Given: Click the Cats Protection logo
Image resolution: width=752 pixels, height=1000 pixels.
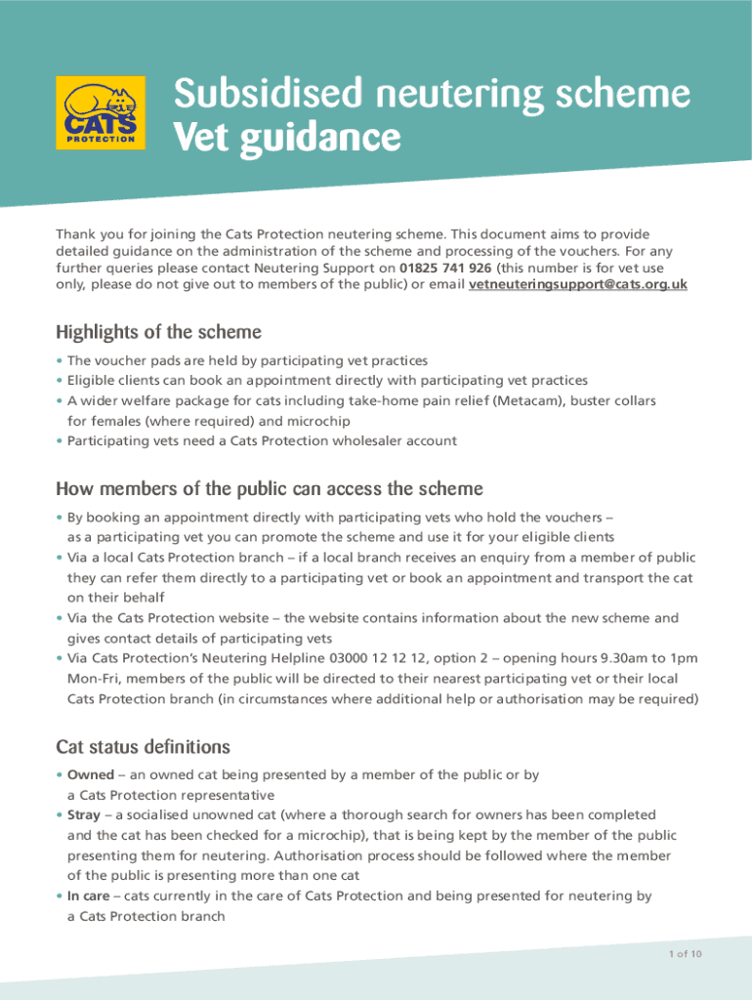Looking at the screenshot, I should point(101,113).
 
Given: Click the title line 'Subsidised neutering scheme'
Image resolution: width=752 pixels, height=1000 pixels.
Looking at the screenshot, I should point(432,95).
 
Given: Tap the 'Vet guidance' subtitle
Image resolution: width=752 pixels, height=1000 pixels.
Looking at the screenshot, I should point(286,138).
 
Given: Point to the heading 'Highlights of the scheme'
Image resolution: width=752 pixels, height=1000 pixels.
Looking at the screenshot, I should point(158,332).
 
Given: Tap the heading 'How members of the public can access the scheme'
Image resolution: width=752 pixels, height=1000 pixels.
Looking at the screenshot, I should point(270,488).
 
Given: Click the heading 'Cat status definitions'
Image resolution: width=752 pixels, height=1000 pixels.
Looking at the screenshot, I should point(143,747).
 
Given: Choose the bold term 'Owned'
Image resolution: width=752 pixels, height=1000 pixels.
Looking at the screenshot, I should point(91,774).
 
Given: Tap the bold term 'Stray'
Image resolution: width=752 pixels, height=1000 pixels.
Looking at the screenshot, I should point(86,814).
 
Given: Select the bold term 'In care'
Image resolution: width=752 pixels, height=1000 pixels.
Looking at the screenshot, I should point(89,896).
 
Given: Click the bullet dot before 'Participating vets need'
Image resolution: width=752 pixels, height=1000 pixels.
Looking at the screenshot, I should point(60,440).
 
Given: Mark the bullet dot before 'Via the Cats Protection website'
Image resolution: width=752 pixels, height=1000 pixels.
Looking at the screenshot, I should point(60,618).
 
